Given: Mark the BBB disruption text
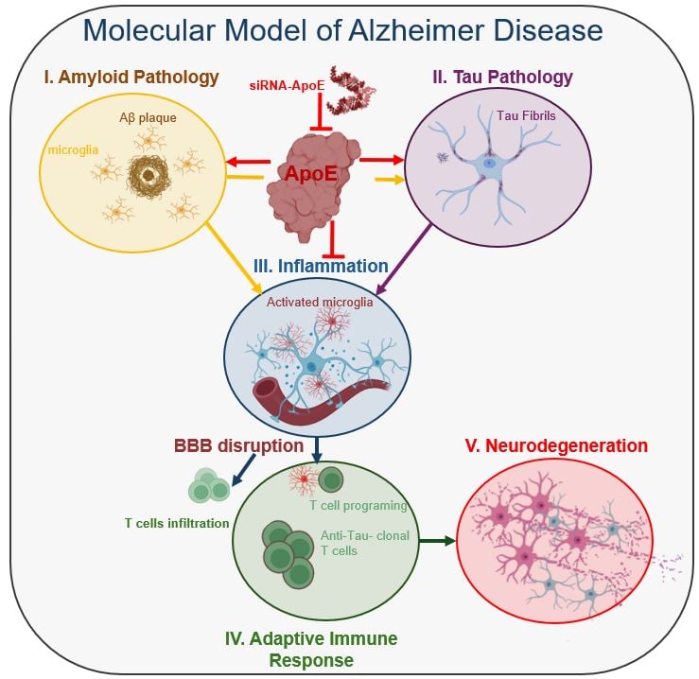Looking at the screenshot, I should pos(238,444).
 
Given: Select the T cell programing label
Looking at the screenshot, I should pos(358,505).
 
